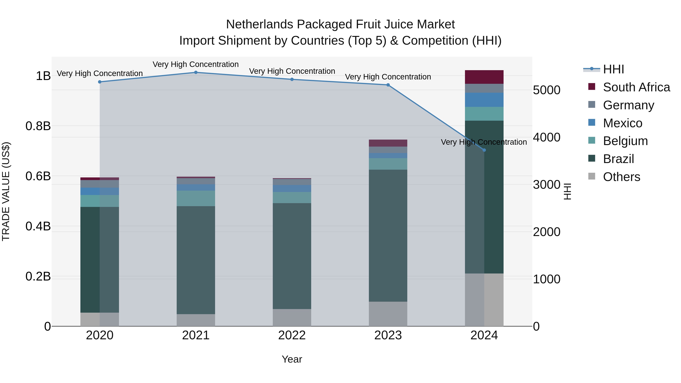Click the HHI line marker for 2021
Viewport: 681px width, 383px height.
[196, 72]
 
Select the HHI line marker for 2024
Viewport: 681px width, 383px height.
[484, 150]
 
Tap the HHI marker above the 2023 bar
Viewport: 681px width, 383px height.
[388, 85]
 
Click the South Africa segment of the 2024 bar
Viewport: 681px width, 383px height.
[484, 77]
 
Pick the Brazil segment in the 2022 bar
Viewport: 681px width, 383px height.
[292, 256]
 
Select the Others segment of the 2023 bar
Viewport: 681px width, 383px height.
[388, 314]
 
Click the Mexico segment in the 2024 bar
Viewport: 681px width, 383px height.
[484, 100]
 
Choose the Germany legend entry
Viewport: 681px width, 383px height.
[628, 105]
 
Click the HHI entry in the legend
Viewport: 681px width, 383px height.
[613, 69]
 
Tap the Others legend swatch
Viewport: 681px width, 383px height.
[592, 176]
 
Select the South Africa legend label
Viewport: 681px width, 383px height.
[636, 87]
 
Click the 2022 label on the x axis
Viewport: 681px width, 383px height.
[292, 335]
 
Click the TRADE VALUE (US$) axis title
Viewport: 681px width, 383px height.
[6, 191]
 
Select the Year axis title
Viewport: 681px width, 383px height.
[292, 359]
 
